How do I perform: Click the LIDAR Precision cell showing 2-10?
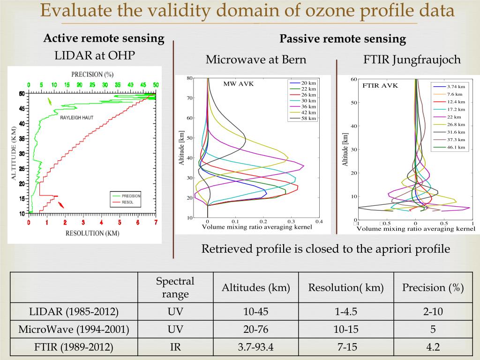tap(433, 311)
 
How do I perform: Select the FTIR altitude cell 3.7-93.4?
tap(255, 347)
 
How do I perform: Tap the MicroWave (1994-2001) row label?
tap(74, 330)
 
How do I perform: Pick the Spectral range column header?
tap(175, 288)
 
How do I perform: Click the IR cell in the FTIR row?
tap(175, 347)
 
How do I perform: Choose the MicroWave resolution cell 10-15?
tap(345, 330)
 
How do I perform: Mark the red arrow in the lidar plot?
tap(61, 204)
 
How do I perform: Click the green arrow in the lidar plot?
tap(49, 102)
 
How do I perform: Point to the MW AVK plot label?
tap(238, 83)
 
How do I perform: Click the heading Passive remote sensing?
tap(343, 39)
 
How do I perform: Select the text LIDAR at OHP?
tap(95, 56)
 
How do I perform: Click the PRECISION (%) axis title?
tap(93, 74)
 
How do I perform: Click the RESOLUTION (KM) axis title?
tap(92, 233)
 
